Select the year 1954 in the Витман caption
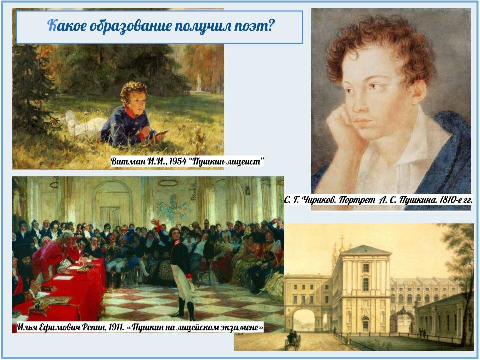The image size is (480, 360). (x=178, y=161)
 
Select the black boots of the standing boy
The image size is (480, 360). (x=185, y=308)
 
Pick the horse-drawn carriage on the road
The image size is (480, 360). (x=293, y=340)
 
